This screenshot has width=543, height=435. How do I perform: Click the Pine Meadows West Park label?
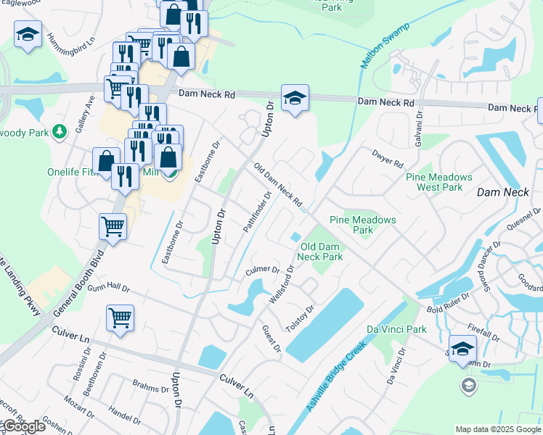[439, 182]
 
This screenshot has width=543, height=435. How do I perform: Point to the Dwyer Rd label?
[386, 159]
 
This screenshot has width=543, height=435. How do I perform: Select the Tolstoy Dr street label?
[299, 319]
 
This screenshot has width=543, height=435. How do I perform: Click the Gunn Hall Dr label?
[108, 289]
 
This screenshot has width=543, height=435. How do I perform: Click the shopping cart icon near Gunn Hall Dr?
[119, 317]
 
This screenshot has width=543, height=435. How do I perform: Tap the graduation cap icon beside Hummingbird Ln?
[28, 34]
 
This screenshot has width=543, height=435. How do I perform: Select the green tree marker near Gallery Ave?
[61, 130]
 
